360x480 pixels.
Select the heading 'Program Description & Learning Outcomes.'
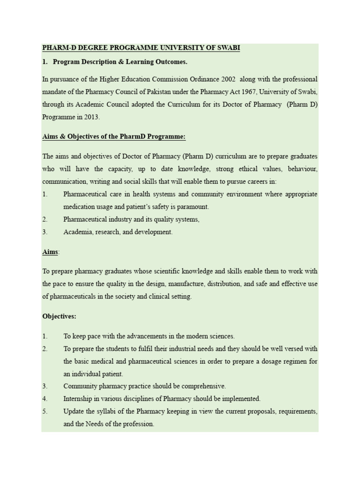(x=120, y=61)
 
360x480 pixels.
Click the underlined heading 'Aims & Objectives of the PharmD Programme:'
(x=114, y=136)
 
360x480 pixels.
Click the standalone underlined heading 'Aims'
(x=50, y=252)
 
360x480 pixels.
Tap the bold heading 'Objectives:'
(x=59, y=316)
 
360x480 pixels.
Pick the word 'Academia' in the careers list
(x=77, y=232)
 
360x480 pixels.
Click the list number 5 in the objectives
(x=45, y=412)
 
